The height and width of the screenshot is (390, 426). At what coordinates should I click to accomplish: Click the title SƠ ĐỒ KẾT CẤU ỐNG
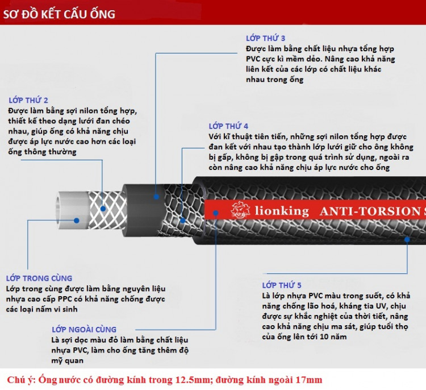point(59,14)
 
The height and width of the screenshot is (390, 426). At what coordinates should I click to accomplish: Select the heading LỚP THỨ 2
point(28,100)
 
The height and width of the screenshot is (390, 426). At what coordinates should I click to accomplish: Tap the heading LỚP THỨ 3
point(265,38)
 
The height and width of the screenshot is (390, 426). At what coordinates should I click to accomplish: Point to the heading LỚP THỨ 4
point(228,126)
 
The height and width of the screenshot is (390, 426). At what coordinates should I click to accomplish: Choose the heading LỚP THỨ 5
point(282,285)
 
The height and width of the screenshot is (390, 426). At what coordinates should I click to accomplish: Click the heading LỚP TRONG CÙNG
point(39,278)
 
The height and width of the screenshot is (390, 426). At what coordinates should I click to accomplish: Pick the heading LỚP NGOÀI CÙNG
point(84,329)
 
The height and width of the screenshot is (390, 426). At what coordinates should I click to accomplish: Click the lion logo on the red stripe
point(240,210)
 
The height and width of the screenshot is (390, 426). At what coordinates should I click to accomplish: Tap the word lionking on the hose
point(282,211)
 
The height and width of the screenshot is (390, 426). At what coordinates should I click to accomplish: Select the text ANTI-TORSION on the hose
point(370,211)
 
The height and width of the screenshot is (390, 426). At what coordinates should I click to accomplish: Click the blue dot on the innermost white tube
point(77,220)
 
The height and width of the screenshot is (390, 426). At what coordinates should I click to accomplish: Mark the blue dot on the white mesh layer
point(103,209)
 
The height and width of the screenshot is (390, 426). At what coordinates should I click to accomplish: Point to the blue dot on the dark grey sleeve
point(156,197)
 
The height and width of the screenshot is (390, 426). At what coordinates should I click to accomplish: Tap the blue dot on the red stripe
point(215,213)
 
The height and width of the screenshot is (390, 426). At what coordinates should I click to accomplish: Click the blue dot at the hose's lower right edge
point(407,239)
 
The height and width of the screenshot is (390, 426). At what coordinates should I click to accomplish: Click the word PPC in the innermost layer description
point(65,299)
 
